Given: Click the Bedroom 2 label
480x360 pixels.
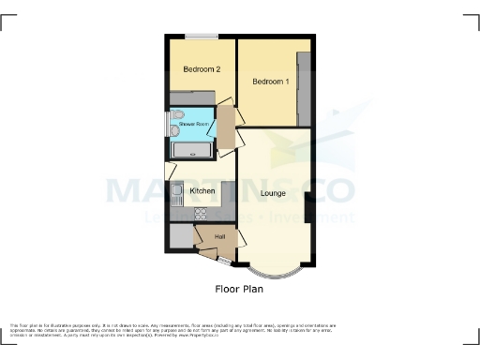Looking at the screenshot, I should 202,69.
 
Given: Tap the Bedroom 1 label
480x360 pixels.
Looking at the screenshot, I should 270,82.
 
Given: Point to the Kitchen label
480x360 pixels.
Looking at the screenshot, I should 202,191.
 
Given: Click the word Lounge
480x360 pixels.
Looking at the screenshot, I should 274,193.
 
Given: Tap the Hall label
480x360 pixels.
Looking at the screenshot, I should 220,235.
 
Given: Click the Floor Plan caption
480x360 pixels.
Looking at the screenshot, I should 239,289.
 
